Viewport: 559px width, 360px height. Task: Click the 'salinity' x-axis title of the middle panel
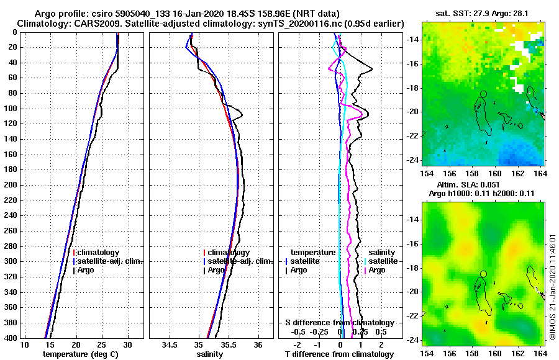click(x=210, y=354)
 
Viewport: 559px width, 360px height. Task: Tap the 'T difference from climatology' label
click(x=339, y=354)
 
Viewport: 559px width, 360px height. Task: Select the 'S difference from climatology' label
click(x=340, y=323)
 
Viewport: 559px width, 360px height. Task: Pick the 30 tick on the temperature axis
click(x=127, y=344)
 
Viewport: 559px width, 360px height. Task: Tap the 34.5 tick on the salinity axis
click(x=170, y=344)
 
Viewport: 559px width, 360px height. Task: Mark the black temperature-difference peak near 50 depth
click(x=371, y=69)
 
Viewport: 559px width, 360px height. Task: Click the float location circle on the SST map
click(x=483, y=94)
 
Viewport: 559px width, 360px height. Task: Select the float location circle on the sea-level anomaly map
click(x=483, y=274)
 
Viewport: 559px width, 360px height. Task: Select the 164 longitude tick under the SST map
click(x=540, y=171)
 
